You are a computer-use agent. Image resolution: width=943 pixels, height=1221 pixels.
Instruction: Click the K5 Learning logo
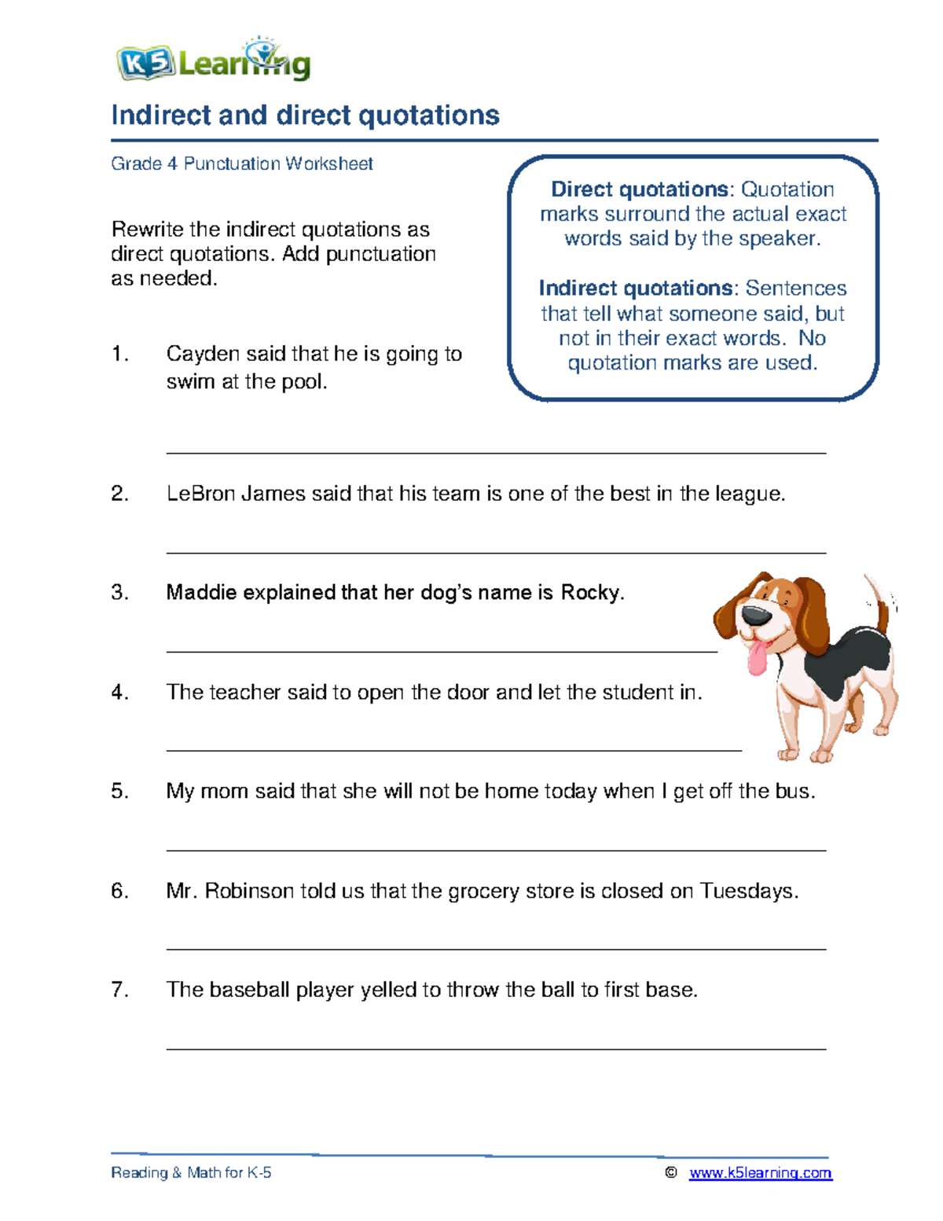point(213,61)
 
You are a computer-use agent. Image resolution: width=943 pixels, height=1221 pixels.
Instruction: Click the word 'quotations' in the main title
point(428,116)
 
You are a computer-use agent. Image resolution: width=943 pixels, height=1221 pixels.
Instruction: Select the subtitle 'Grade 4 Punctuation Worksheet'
point(241,164)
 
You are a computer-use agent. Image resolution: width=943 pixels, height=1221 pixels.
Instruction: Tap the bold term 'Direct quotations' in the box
point(640,189)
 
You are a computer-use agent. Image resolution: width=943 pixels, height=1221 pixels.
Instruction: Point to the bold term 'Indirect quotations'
point(636,289)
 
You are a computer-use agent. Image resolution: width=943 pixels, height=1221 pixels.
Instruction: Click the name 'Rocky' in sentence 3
point(590,593)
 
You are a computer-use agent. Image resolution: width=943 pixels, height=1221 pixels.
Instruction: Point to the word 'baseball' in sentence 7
point(249,990)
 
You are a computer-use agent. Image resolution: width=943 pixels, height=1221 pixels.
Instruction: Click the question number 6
point(119,891)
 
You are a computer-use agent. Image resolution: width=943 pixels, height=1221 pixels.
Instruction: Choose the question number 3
point(119,593)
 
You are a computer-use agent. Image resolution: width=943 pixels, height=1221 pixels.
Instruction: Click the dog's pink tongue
point(757,658)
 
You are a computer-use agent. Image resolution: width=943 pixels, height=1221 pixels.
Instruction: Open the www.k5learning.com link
point(760,1173)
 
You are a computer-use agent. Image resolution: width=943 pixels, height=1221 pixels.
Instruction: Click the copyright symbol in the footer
point(670,1173)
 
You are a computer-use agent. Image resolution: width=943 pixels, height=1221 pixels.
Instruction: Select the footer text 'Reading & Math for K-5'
point(191,1173)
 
